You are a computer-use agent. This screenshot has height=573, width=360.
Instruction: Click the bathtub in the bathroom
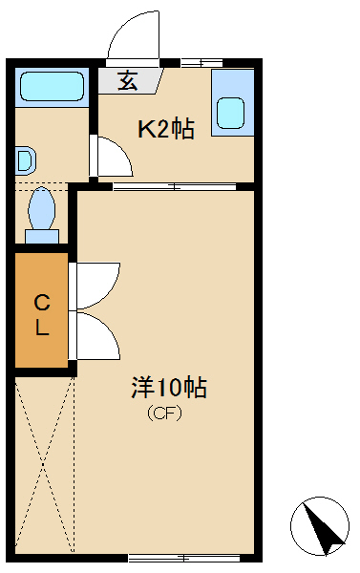52,86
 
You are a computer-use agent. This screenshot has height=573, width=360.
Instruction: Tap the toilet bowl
42,208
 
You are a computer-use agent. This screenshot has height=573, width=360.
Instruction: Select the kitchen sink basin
231,113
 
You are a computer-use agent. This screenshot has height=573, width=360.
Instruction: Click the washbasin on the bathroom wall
25,160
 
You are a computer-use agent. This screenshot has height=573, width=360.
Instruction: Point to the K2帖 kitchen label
166,129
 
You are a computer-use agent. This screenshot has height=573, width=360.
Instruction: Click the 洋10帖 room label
169,387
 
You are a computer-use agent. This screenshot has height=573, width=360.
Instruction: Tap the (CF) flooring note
164,414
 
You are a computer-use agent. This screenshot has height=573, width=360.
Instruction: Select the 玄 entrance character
128,80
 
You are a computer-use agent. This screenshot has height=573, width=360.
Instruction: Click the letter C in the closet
42,303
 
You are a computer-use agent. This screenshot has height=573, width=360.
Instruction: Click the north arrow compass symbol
320,526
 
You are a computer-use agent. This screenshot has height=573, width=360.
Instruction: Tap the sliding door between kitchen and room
175,187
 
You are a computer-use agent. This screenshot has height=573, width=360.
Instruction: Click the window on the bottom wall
184,558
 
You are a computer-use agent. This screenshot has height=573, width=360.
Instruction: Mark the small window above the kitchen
201,62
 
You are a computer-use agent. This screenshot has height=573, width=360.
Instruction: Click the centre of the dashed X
44,464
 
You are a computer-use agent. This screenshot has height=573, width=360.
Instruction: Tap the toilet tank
42,237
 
